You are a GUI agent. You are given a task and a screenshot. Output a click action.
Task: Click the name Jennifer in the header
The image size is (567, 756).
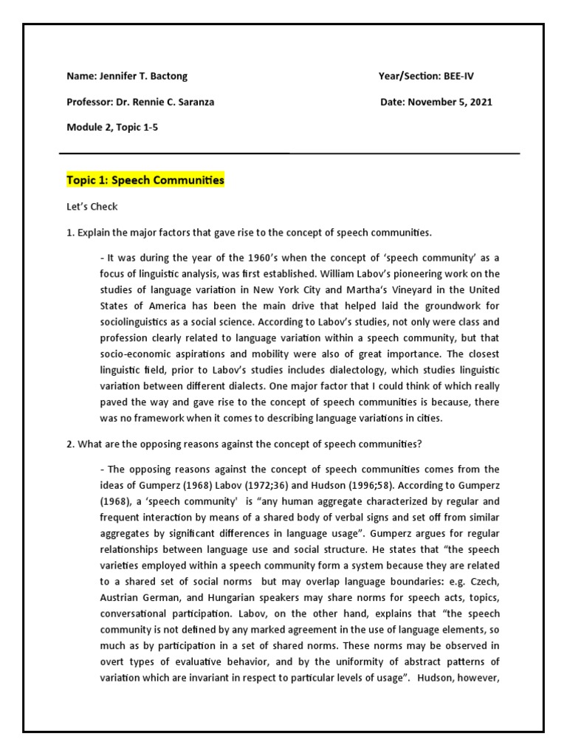tap(117, 76)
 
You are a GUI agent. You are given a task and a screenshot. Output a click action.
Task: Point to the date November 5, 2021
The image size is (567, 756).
tap(450, 102)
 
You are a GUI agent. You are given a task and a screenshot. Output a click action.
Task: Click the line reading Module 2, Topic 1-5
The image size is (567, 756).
tap(112, 127)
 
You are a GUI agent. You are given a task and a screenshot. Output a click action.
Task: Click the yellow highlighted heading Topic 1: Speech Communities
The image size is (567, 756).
tap(145, 180)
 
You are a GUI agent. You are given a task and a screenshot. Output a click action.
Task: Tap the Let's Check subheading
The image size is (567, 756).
tap(92, 207)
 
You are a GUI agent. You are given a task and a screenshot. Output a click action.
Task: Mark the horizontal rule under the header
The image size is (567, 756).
tap(289, 154)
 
